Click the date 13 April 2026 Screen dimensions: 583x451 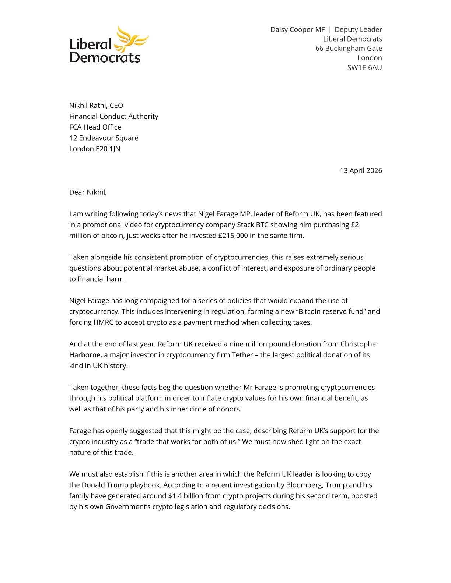tap(361, 170)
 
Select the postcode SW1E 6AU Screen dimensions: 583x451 tap(364, 67)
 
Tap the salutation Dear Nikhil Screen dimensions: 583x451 tap(88, 192)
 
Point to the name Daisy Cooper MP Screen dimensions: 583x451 tap(298, 29)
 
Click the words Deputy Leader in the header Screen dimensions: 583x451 tap(358, 29)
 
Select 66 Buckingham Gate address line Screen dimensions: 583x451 tap(349, 48)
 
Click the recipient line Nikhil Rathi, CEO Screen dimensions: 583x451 tap(96, 105)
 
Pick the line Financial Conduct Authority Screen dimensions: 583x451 tap(113, 116)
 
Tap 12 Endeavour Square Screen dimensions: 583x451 tap(104, 138)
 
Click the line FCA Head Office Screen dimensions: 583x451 tap(95, 127)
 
